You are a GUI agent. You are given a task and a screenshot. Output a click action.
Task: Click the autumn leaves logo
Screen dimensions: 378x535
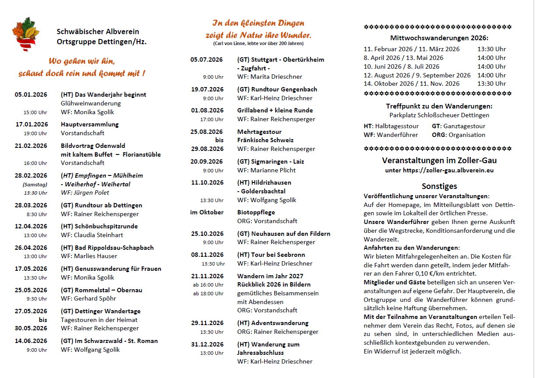[x=26, y=34]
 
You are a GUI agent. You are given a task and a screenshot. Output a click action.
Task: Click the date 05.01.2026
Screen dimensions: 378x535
[x=31, y=94]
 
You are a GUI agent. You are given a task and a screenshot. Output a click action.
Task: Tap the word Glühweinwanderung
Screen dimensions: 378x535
[x=91, y=103]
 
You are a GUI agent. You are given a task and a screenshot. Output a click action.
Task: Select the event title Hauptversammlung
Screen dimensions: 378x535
[x=90, y=124]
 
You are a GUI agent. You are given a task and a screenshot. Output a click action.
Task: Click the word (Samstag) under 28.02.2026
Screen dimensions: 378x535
[x=35, y=184]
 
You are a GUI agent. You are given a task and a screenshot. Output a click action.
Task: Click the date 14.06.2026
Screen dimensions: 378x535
[x=31, y=341]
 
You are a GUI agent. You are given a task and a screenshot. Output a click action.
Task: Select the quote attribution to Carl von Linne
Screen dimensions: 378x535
[x=258, y=43]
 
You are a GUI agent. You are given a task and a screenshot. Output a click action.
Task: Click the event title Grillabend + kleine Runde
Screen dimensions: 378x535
[x=275, y=110]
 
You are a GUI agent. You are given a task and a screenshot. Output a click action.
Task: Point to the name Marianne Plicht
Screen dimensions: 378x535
[x=273, y=170]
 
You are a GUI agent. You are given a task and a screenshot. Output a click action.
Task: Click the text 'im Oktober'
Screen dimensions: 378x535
[x=207, y=212]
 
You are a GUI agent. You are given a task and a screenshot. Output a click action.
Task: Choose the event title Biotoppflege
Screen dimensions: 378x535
[x=256, y=212]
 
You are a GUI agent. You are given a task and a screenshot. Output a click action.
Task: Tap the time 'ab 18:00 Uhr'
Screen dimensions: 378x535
[x=208, y=294]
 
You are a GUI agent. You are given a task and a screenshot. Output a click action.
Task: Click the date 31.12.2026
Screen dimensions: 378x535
[x=207, y=344]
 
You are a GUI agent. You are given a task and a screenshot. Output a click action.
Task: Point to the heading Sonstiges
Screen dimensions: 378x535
[x=439, y=186]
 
